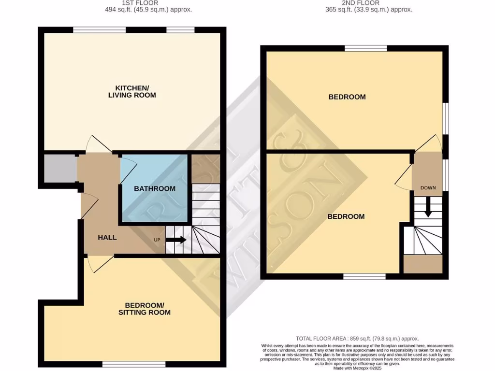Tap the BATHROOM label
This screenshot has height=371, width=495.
click(x=154, y=188)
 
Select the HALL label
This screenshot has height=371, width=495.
click(x=107, y=237)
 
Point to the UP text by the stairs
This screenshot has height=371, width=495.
click(x=157, y=240)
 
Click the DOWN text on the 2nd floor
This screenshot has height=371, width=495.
click(x=428, y=188)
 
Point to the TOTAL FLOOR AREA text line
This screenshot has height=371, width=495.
click(x=357, y=339)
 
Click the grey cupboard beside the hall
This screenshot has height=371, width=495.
click(x=59, y=169)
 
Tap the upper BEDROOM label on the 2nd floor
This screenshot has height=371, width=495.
click(x=347, y=97)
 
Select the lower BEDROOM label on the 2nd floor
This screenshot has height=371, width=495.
click(x=346, y=216)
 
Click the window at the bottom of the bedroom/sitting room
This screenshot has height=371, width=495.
click(x=133, y=364)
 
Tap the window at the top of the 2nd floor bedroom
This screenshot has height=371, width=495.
click(x=366, y=48)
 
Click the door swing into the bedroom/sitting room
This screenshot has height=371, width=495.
click(x=99, y=263)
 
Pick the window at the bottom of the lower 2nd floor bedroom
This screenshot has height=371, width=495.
click(x=364, y=276)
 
